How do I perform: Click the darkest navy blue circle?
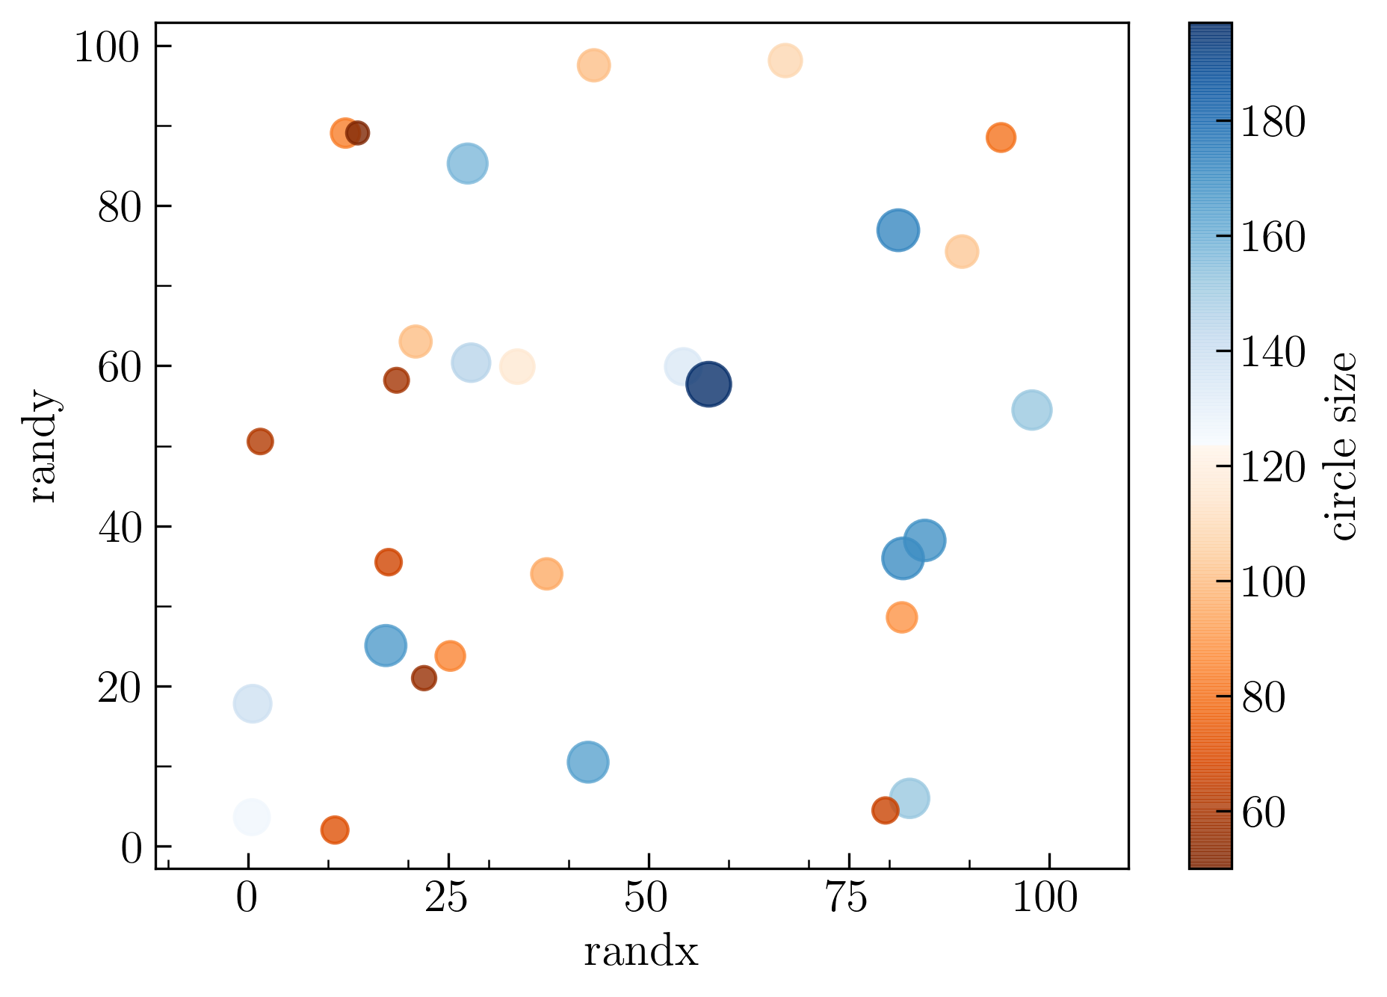pos(708,384)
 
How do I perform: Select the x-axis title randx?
pos(640,953)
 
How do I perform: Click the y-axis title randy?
pos(43,446)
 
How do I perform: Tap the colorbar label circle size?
pos(1343,446)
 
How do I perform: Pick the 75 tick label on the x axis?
pos(848,898)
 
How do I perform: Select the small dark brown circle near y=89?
pos(358,133)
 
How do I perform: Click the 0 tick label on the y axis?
pos(131,848)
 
